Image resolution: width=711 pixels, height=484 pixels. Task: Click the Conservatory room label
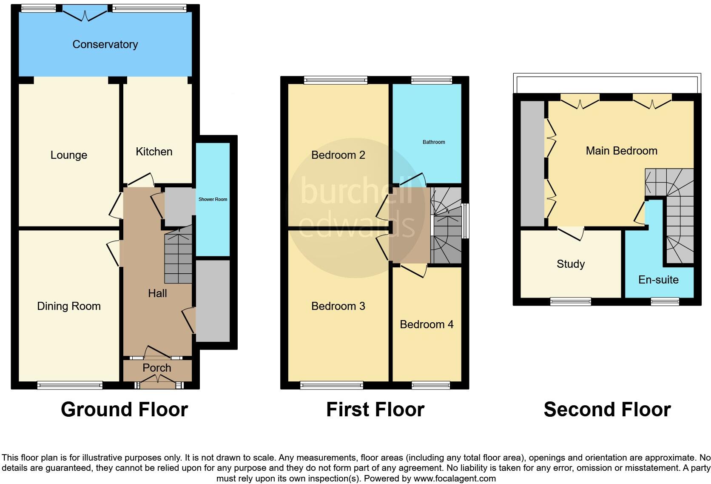(x=105, y=44)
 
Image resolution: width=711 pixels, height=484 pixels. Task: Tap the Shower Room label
(x=213, y=199)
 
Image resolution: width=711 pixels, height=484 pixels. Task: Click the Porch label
(x=157, y=368)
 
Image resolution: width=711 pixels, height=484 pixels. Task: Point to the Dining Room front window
(x=70, y=385)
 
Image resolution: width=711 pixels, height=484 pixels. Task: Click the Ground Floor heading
(x=124, y=410)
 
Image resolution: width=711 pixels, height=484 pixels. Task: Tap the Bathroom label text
(x=434, y=142)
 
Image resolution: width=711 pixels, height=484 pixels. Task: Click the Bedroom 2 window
(x=336, y=80)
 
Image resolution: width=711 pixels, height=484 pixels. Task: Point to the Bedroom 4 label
(x=427, y=324)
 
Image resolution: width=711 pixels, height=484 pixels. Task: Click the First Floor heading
(x=375, y=410)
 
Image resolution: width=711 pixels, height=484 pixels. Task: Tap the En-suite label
(x=658, y=280)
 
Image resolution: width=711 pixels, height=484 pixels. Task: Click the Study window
(x=571, y=301)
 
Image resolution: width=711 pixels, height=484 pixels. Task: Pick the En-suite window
(x=665, y=301)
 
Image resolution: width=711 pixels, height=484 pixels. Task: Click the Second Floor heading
(x=607, y=410)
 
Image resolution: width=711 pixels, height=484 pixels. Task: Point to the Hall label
(x=157, y=293)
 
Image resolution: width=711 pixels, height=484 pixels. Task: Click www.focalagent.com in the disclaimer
(x=455, y=478)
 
